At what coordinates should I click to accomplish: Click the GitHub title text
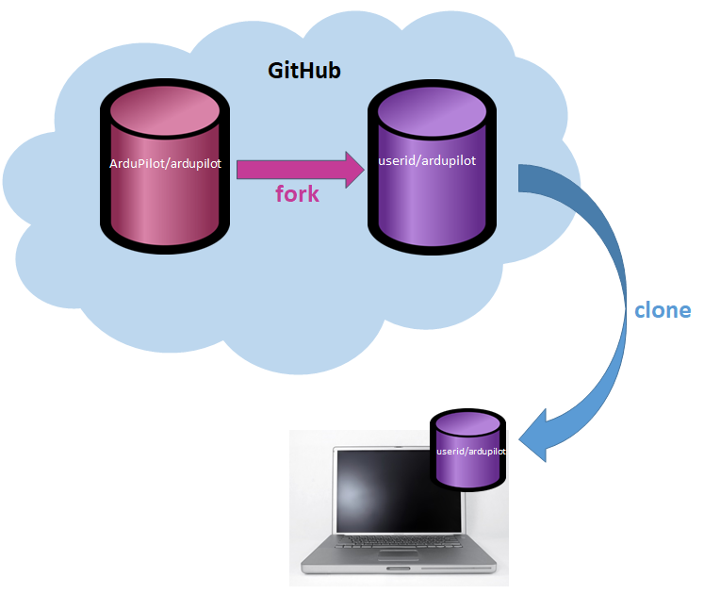pos(304,70)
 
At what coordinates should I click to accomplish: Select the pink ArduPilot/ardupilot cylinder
pos(166,189)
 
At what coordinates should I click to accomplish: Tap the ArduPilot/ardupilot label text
pos(166,164)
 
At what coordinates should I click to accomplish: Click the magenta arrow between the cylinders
pos(298,169)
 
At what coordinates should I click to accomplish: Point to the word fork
pos(297,195)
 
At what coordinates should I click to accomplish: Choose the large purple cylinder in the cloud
pos(431,189)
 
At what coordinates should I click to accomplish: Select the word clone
pos(663,310)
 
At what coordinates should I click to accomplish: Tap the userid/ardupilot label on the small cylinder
pos(471,452)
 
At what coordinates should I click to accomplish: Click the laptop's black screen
pos(387,491)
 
